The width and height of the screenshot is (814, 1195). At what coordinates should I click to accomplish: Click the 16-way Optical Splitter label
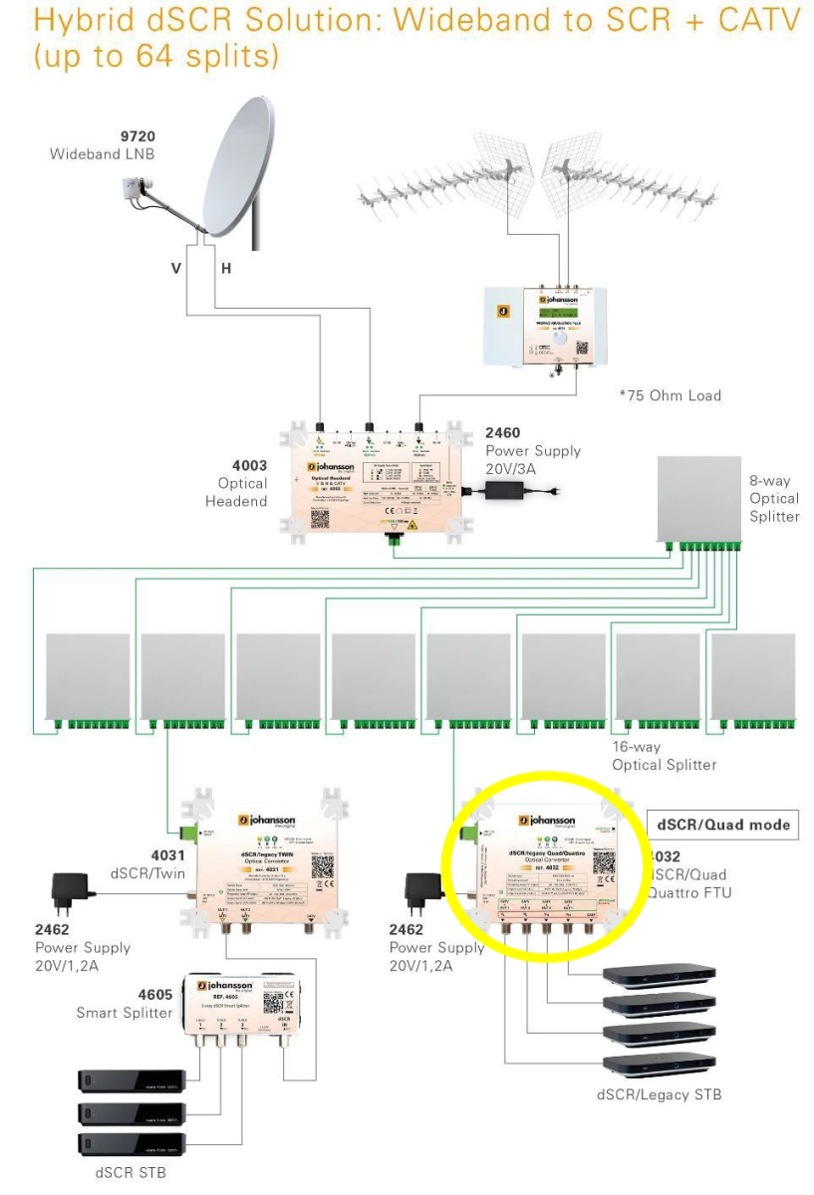663,756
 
